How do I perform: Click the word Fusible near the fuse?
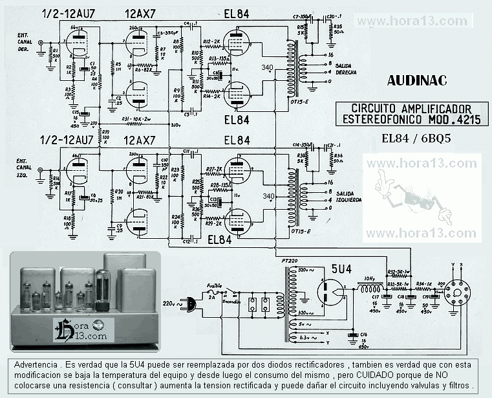(x=216, y=285)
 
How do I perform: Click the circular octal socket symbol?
(x=458, y=292)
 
